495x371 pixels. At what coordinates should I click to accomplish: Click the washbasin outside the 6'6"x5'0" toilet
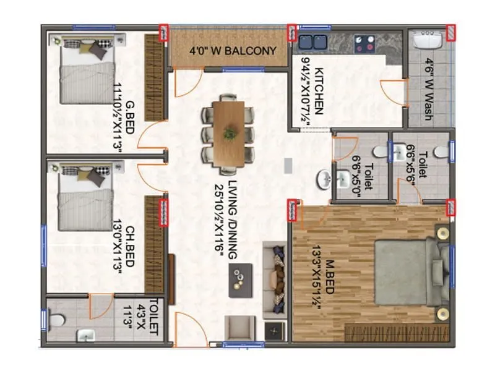click(322, 179)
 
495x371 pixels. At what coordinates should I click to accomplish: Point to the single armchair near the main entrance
click(239, 328)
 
